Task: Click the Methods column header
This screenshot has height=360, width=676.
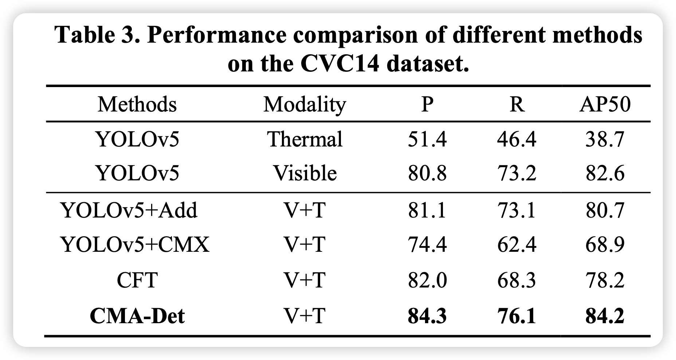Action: [x=137, y=105]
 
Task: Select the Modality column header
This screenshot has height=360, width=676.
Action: [x=304, y=105]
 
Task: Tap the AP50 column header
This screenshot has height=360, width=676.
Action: [x=605, y=105]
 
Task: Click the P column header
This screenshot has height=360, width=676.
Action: [x=427, y=105]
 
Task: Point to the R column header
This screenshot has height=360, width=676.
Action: [x=516, y=105]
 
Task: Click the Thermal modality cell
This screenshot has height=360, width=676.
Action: [x=305, y=139]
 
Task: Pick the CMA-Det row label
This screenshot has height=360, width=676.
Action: [x=137, y=316]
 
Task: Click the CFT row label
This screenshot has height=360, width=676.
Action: [x=137, y=280]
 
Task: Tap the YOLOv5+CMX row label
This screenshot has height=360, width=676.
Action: [x=135, y=244]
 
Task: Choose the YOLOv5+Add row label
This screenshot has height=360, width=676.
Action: [x=130, y=210]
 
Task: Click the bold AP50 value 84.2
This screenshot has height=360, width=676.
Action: [x=605, y=316]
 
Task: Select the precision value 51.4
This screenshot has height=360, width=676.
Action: [x=427, y=139]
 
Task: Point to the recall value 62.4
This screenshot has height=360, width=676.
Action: [x=516, y=244]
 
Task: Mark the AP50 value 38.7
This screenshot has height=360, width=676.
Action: [x=605, y=139]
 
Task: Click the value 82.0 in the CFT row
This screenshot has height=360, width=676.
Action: [x=427, y=280]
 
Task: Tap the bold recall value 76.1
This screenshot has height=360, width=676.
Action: [x=516, y=316]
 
